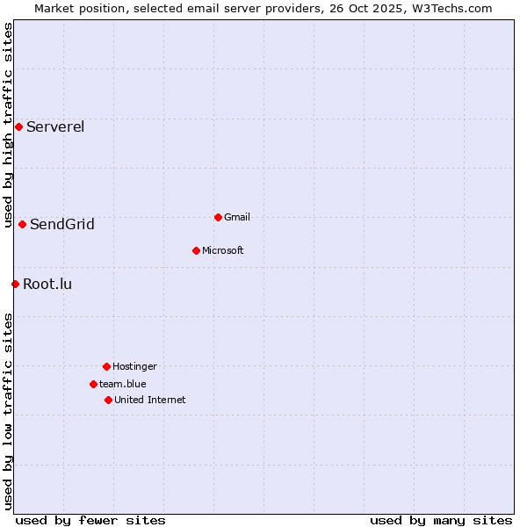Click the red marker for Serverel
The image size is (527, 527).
click(x=18, y=126)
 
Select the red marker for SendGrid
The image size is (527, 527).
click(x=22, y=224)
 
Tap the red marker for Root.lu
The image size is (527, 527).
click(x=15, y=284)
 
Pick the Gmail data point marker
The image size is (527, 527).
click(x=218, y=217)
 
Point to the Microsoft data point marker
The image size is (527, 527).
click(x=196, y=250)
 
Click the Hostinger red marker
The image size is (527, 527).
click(x=106, y=366)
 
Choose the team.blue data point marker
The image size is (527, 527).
click(x=93, y=384)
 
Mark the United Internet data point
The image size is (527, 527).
click(x=108, y=400)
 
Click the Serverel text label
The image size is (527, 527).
click(x=55, y=126)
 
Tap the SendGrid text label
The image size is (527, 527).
click(x=62, y=224)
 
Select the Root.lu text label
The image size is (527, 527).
click(x=47, y=284)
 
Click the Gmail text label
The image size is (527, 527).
click(x=237, y=217)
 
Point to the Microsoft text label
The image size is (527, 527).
click(x=223, y=250)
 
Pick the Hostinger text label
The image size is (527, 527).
click(x=134, y=366)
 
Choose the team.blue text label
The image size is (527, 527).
click(x=123, y=384)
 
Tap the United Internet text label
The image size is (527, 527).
click(x=150, y=400)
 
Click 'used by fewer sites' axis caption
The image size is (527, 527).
click(x=90, y=520)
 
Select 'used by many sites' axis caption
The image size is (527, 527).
click(x=441, y=520)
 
